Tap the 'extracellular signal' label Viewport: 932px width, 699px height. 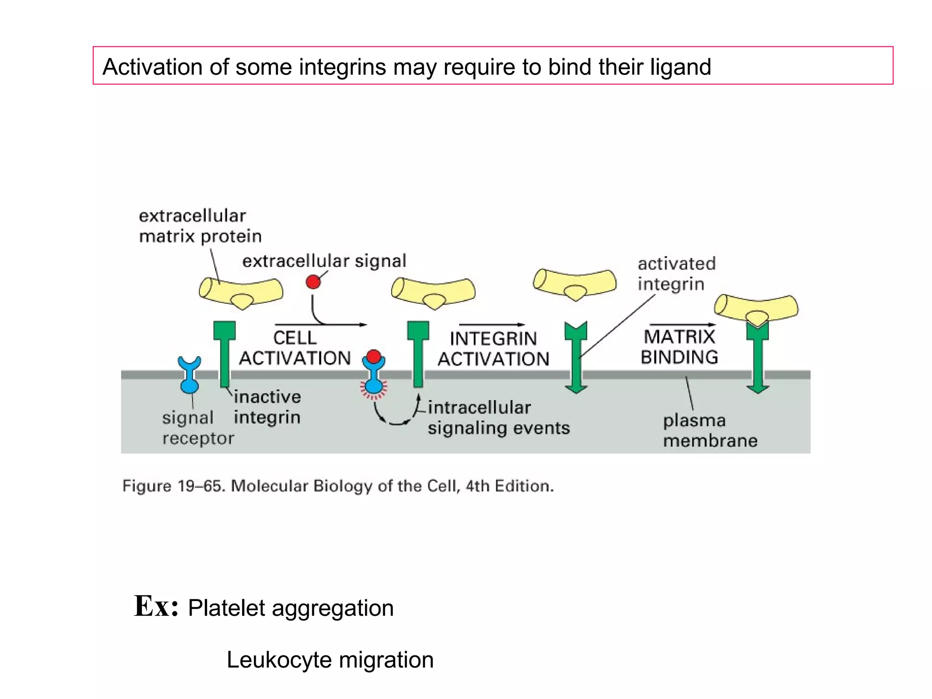click(x=324, y=261)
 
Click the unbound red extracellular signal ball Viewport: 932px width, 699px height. click(x=313, y=282)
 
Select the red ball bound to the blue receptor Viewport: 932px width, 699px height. click(x=374, y=356)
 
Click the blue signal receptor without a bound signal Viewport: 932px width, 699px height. click(x=189, y=375)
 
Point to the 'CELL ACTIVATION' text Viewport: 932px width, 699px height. click(x=295, y=348)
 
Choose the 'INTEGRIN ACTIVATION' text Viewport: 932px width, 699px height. click(x=493, y=349)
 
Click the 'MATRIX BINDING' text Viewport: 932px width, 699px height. click(x=679, y=347)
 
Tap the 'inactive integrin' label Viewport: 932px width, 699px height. click(x=267, y=407)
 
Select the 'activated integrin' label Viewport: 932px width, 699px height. click(x=676, y=274)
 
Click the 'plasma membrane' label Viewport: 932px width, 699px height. click(x=709, y=431)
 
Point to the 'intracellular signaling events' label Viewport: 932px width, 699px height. click(x=498, y=418)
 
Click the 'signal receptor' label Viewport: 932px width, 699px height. click(x=198, y=428)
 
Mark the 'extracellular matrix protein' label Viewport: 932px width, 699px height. click(x=200, y=226)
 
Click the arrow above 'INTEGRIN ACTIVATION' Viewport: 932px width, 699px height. click(x=492, y=324)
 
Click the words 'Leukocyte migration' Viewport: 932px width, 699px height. click(x=330, y=660)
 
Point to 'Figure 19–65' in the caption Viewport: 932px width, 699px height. click(x=173, y=486)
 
